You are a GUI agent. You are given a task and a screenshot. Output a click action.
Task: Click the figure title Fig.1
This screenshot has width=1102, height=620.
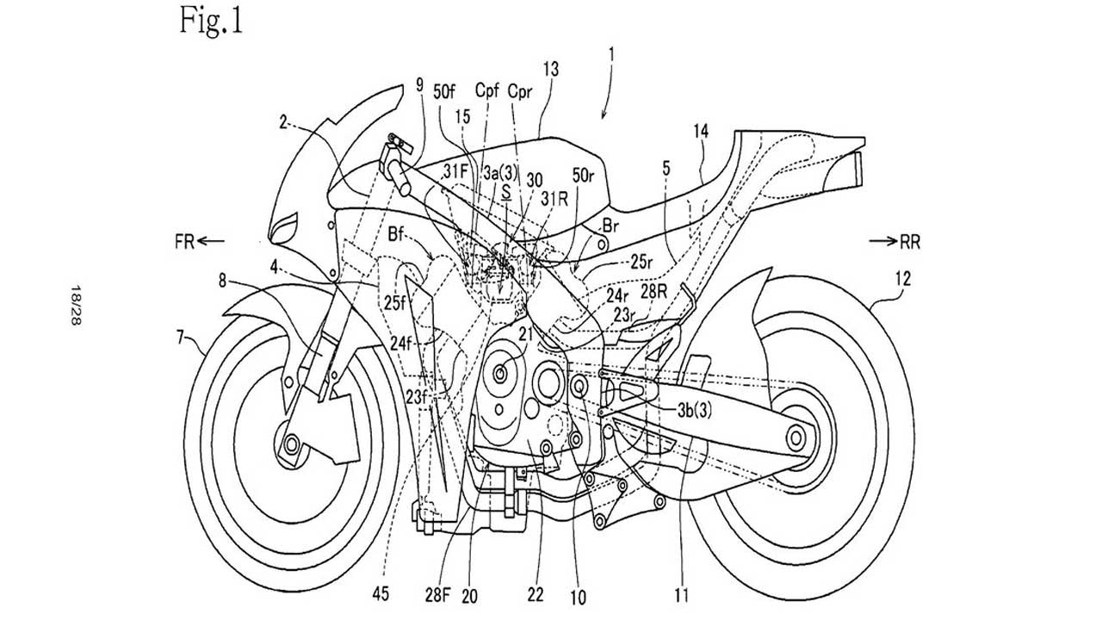[x=211, y=20]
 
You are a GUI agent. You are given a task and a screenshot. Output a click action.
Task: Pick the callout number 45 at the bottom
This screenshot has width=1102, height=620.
[x=379, y=592]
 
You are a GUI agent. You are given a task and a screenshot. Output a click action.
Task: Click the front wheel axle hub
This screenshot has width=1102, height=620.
[x=290, y=444]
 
